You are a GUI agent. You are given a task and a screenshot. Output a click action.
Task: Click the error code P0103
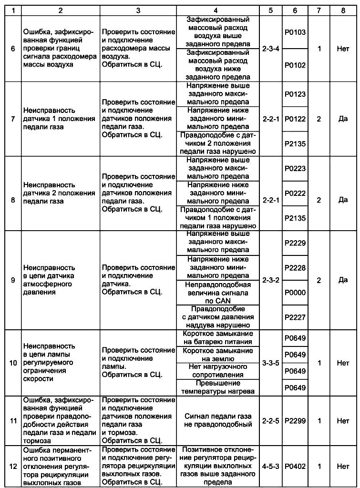[295, 32]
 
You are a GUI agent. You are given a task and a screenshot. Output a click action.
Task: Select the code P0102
[295, 65]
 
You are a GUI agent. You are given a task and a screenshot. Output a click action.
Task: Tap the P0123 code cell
[295, 94]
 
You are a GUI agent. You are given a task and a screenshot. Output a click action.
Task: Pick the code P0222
[295, 193]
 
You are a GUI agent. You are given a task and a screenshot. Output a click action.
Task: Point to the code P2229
[295, 243]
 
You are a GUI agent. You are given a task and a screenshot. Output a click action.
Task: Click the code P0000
[295, 293]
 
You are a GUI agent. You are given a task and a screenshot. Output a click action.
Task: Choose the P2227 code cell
[295, 317]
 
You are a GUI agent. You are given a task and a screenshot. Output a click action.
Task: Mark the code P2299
[295, 421]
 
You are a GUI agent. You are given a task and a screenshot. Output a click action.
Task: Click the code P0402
[295, 466]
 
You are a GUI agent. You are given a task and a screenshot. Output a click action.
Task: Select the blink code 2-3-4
[271, 49]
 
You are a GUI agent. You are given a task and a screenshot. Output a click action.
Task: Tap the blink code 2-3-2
[271, 280]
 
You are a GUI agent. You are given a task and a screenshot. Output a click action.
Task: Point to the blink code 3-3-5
[271, 363]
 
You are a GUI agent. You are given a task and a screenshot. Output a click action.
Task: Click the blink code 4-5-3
[271, 466]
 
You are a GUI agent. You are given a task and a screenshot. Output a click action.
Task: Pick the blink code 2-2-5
[271, 421]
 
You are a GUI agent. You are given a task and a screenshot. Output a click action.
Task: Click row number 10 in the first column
[13, 363]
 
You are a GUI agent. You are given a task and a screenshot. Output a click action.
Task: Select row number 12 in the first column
[13, 466]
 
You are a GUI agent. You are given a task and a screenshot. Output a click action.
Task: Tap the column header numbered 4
[216, 10]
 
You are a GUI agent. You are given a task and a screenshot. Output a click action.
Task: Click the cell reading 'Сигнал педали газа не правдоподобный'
[218, 420]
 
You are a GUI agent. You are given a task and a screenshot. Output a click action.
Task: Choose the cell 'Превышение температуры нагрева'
[218, 387]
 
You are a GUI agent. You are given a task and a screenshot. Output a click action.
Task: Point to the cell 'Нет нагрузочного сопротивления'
[218, 371]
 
